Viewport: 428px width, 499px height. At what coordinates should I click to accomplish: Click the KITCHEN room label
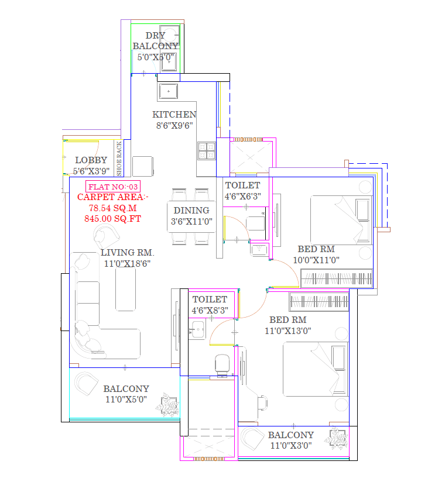point(174,115)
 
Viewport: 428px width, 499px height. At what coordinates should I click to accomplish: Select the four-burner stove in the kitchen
point(207,152)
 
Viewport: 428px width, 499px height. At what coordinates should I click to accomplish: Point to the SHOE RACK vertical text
point(119,159)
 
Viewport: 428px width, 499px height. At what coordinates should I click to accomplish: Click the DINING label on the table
point(191,211)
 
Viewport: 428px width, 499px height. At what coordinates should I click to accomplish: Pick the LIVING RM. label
point(127,253)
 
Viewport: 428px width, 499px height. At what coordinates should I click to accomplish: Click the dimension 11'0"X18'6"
point(127,264)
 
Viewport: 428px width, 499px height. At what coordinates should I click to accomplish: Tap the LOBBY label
point(91,160)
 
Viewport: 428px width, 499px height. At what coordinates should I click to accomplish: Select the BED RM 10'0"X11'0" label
point(316,254)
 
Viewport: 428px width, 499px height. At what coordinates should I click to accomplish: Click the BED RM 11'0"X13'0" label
point(287,325)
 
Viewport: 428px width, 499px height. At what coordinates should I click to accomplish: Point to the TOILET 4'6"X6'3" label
point(242,191)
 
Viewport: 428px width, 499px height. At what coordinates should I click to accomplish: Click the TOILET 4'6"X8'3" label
point(209,305)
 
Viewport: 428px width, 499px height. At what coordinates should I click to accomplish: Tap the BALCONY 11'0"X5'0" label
point(126,394)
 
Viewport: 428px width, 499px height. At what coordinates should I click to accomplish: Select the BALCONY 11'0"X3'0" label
point(290,440)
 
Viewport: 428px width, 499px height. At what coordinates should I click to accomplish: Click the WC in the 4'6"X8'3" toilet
point(222,363)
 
